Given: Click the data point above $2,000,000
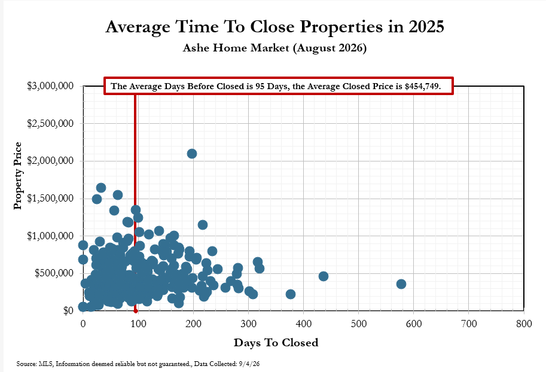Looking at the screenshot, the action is (192, 154).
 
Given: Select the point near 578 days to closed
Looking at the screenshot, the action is (401, 284).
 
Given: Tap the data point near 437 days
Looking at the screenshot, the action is (324, 276).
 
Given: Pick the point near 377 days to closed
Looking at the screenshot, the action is (291, 294).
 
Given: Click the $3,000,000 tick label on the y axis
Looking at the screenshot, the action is (50, 86).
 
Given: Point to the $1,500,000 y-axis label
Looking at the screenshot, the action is (50, 198).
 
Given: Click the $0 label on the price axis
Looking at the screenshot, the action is (69, 310).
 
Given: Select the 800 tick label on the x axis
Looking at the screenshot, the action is (524, 324).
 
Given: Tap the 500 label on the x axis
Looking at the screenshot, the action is (359, 324).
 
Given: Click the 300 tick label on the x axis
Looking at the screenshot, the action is (249, 324).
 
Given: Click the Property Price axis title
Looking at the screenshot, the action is (17, 176).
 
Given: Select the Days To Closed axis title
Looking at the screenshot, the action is (276, 343).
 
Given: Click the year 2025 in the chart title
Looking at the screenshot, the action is (426, 27).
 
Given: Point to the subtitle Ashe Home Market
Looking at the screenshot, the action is (236, 48).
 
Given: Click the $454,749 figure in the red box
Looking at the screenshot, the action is (422, 86).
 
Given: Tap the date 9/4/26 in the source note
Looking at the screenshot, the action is (249, 364).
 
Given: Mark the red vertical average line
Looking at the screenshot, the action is (135, 203).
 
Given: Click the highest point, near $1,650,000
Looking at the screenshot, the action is (101, 188).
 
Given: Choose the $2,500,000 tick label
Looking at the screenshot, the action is (50, 123).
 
